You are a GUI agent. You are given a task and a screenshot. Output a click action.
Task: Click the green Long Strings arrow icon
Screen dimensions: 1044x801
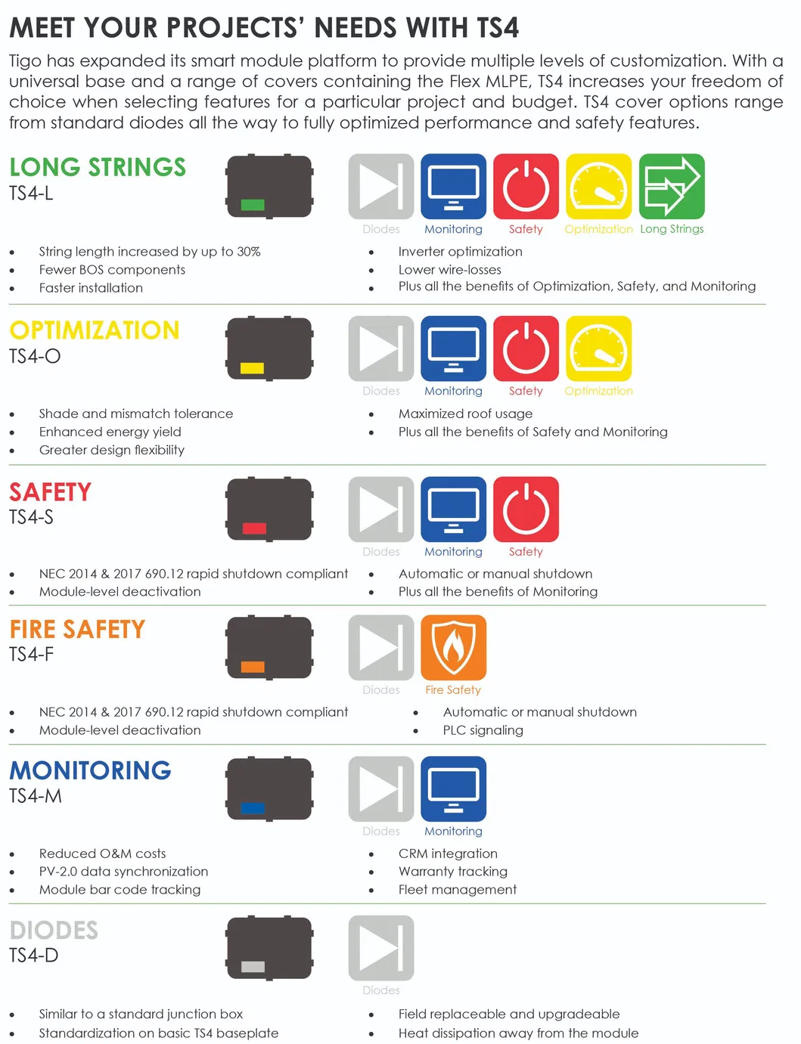(672, 186)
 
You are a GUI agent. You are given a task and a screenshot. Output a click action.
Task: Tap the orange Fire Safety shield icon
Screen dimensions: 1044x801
(453, 647)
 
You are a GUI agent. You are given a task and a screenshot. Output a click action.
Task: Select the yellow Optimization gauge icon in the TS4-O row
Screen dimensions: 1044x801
(598, 349)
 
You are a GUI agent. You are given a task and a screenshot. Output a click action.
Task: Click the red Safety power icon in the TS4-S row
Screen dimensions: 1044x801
(526, 509)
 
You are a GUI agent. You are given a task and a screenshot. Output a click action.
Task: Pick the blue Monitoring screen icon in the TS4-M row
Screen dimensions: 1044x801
(453, 788)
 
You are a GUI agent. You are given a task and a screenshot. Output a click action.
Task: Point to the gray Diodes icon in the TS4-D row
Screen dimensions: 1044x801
(381, 948)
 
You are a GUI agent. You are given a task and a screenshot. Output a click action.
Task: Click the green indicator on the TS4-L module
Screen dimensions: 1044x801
(253, 205)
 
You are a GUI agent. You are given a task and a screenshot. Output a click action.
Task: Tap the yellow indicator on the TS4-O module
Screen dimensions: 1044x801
(252, 368)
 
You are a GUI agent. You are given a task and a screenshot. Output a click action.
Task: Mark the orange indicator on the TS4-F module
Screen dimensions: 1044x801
(253, 667)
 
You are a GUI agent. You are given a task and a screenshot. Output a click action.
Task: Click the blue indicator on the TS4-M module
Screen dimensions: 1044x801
(253, 808)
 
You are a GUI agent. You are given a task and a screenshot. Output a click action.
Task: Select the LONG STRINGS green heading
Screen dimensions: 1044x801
(98, 167)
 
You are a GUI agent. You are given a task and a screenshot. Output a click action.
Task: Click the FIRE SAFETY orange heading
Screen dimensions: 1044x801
(77, 629)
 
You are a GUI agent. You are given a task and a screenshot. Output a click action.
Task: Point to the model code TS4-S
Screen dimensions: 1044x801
(31, 517)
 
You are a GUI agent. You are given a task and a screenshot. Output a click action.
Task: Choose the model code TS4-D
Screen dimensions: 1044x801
(33, 956)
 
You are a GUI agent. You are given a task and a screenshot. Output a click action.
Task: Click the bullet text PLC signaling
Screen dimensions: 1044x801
(483, 730)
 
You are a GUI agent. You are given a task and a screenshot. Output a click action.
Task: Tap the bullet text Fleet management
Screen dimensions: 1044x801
(458, 890)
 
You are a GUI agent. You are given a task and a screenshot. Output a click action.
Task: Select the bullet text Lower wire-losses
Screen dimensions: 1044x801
(449, 270)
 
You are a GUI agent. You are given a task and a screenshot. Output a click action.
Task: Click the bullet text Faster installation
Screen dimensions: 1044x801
(91, 288)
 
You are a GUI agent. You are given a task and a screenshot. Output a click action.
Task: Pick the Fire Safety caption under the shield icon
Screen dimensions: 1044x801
(452, 690)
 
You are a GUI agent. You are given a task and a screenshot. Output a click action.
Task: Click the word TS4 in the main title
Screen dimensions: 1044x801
(497, 28)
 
